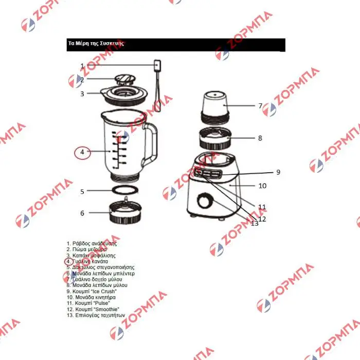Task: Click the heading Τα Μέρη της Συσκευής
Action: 96,44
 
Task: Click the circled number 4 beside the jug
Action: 82,152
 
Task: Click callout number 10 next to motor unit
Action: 262,186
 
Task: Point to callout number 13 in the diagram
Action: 255,223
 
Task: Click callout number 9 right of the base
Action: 278,172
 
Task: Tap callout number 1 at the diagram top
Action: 82,66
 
